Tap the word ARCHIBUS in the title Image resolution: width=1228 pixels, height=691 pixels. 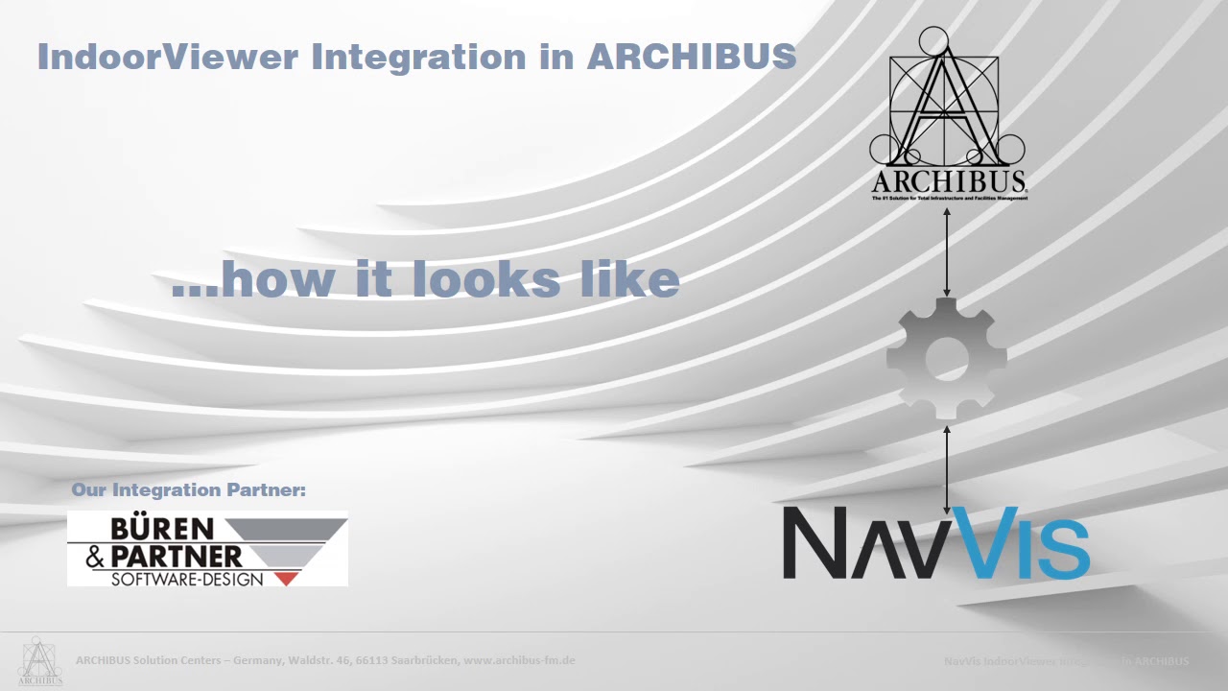(x=691, y=57)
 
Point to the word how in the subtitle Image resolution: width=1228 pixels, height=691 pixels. (x=279, y=278)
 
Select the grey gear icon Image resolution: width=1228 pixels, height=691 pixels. (x=946, y=358)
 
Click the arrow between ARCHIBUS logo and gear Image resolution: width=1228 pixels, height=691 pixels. (x=947, y=251)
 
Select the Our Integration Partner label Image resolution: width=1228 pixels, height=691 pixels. (x=189, y=490)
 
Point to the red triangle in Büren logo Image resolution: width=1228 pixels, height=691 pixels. (x=286, y=578)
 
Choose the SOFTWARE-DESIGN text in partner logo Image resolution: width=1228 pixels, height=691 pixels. (x=187, y=579)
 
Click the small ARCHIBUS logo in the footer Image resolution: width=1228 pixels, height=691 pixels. (x=39, y=661)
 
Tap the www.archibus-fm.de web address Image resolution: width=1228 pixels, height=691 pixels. (x=519, y=660)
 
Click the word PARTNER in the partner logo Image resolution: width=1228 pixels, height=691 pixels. (x=177, y=556)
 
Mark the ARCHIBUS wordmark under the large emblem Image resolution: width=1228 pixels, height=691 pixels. (x=949, y=181)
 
